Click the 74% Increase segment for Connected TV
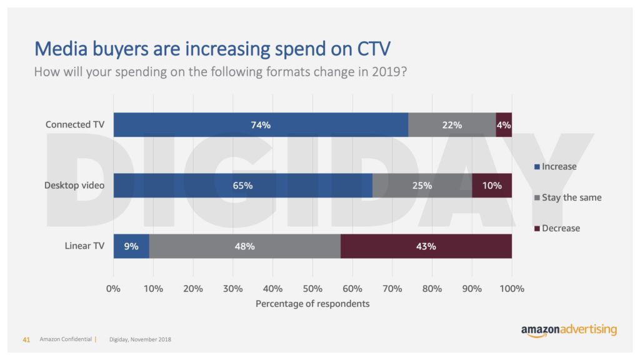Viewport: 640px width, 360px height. pos(261,124)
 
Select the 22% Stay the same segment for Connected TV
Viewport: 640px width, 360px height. pos(452,124)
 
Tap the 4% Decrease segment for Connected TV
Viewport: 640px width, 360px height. pos(504,124)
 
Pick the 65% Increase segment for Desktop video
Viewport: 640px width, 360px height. pos(242,186)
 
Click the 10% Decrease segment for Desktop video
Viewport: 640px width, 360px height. pos(492,186)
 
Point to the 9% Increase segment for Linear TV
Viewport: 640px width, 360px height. pos(131,246)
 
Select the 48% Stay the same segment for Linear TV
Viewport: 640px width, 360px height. pos(244,246)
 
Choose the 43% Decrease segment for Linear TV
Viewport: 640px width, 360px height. pos(426,246)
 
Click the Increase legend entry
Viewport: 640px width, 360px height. pos(556,167)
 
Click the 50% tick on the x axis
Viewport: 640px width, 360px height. pos(312,289)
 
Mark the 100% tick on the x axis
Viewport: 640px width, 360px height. pos(512,289)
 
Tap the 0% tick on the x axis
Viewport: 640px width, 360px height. pos(113,289)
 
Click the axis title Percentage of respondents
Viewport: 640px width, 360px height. pos(312,304)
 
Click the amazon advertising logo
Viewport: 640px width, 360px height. pos(569,330)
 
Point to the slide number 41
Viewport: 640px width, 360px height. pos(26,339)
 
